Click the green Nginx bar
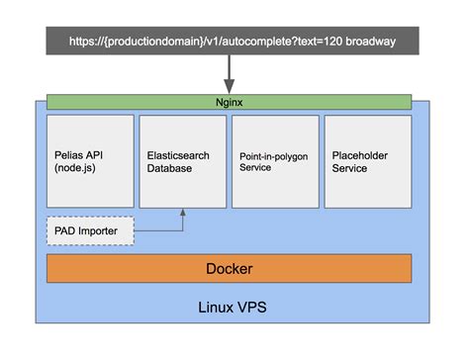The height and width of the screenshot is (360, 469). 229,101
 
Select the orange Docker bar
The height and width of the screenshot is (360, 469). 229,268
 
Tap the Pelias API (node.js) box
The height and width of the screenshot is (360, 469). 89,161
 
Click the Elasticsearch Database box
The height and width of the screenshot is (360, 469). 182,161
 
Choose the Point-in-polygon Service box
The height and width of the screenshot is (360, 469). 275,161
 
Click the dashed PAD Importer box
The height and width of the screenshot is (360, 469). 89,230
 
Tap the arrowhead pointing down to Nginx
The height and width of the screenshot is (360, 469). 230,87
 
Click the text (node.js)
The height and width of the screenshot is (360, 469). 77,168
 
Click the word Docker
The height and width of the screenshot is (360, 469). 229,268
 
